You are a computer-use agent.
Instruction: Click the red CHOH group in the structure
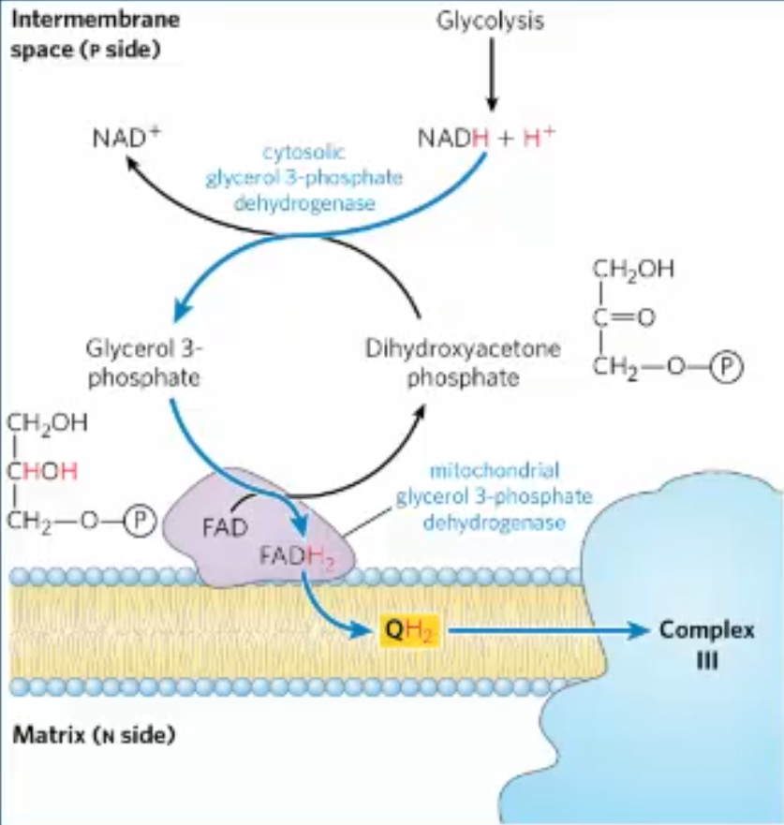(x=47, y=471)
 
